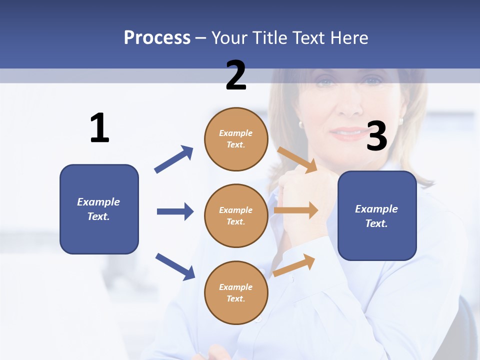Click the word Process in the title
point(157,37)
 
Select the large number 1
point(99,128)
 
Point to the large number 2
point(236,75)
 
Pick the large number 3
point(376,136)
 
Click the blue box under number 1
point(99,209)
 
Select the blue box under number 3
point(377,215)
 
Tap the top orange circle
point(236,139)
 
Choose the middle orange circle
point(236,215)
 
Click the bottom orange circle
point(236,292)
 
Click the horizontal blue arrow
point(175,211)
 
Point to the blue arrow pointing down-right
point(175,266)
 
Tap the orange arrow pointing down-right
point(297,159)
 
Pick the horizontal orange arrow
point(296,210)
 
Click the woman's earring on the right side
point(400,120)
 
